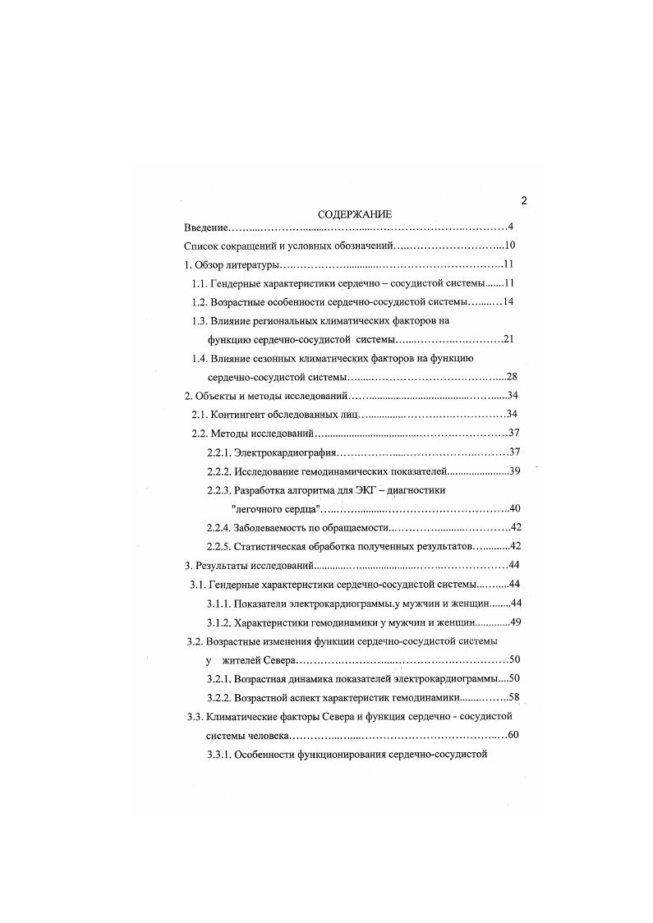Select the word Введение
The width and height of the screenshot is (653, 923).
pyautogui.click(x=205, y=227)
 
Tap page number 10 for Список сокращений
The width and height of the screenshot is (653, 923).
pyautogui.click(x=508, y=246)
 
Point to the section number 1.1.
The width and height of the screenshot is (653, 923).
pyautogui.click(x=200, y=283)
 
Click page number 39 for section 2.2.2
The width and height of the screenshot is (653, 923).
pyautogui.click(x=516, y=471)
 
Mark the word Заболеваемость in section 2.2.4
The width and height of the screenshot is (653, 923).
pyautogui.click(x=274, y=527)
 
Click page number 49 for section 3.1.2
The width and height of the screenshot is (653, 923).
pyautogui.click(x=516, y=622)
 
